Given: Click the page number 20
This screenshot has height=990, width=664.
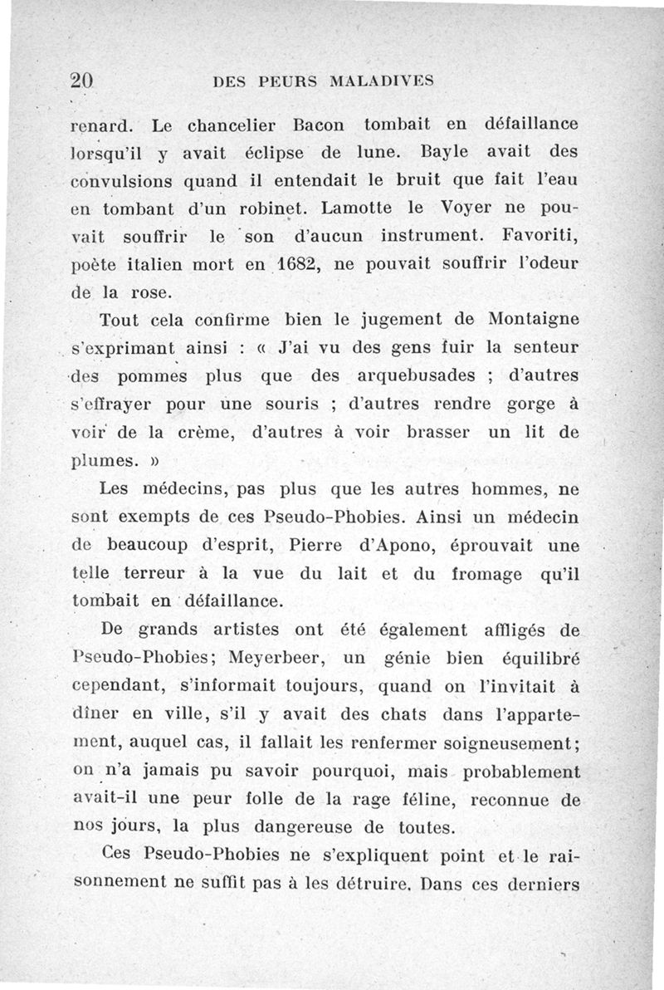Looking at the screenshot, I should [x=84, y=80].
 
